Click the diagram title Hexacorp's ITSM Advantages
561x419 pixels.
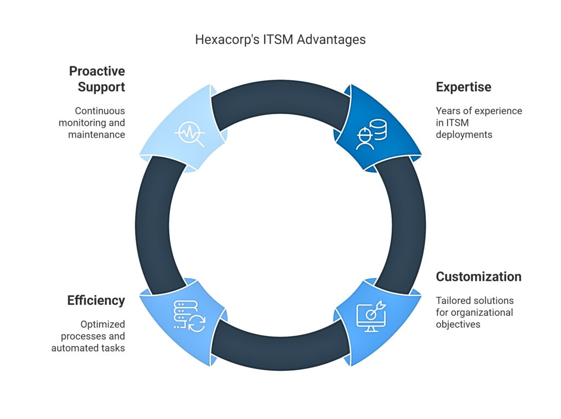tap(280, 39)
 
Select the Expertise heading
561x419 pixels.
tap(463, 87)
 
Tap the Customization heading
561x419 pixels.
tap(478, 277)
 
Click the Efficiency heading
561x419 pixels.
tap(96, 301)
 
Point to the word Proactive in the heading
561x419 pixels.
tap(97, 71)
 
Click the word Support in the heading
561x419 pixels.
tap(101, 87)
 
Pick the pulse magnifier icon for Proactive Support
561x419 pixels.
tap(190, 134)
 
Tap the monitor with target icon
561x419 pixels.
tap(371, 316)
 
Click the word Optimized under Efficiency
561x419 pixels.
tap(102, 325)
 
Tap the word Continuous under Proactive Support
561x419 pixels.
tap(100, 111)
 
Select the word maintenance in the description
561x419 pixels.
tap(96, 135)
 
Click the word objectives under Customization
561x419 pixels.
tap(458, 325)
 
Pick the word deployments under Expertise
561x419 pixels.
tap(464, 135)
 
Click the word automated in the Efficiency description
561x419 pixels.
tap(73, 348)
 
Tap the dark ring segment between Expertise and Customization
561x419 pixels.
tap(408, 225)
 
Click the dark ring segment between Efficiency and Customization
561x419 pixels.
tap(280, 353)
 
